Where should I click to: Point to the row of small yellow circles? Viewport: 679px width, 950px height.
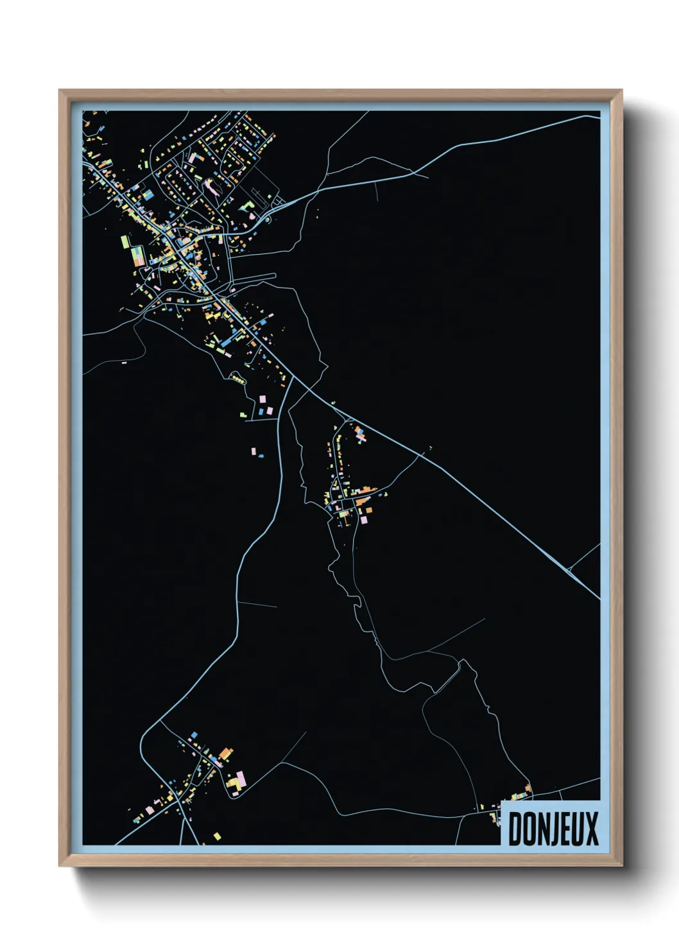tap(238, 380)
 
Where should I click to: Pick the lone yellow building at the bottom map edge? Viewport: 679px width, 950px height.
tap(217, 836)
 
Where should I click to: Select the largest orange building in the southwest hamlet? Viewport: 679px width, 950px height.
tap(225, 752)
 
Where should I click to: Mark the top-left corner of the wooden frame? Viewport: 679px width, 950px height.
tap(60, 91)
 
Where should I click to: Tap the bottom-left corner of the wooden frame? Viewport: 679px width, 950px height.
tap(60, 866)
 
